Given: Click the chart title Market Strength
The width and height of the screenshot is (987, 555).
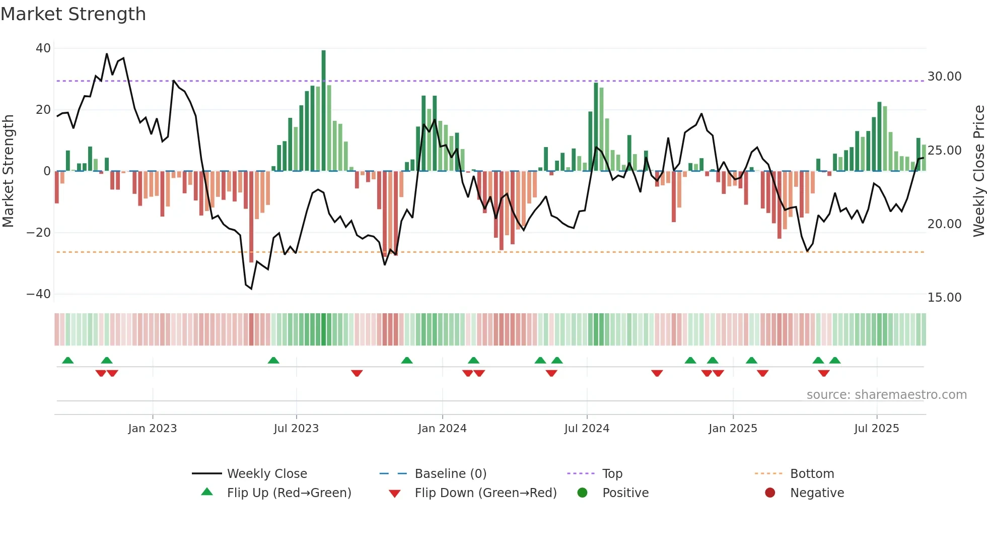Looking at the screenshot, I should (73, 14).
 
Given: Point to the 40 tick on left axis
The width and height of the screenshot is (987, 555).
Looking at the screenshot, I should (43, 48).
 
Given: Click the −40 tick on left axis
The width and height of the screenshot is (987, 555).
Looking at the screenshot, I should (39, 294).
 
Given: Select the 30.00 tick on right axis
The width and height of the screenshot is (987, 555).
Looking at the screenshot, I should (944, 77).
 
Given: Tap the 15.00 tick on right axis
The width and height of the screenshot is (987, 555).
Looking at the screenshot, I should (944, 298).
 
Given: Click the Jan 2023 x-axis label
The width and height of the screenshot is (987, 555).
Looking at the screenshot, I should (153, 429).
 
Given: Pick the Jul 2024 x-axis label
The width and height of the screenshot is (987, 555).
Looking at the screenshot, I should (587, 429).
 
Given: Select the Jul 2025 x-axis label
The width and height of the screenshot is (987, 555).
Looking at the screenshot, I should (876, 429).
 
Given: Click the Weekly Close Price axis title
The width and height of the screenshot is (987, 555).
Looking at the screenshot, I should (978, 171).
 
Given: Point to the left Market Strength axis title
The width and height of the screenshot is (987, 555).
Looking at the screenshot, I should (9, 171).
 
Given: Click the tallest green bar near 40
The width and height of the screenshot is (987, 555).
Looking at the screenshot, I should (323, 111).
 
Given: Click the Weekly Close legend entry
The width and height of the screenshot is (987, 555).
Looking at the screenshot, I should (266, 474).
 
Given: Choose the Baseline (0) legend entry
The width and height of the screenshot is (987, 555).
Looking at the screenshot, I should (450, 474).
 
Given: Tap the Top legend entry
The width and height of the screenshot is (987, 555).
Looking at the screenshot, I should (612, 474).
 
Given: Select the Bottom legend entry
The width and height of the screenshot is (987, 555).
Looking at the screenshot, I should (812, 474).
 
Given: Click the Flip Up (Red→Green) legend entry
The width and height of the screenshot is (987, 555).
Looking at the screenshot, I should (289, 493).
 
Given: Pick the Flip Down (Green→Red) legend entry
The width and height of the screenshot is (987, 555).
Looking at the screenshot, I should (485, 493).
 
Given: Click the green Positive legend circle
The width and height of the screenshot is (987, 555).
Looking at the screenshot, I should (583, 493).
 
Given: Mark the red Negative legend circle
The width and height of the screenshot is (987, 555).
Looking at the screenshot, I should (770, 493).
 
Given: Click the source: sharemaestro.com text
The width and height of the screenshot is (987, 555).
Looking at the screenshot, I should (886, 395).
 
